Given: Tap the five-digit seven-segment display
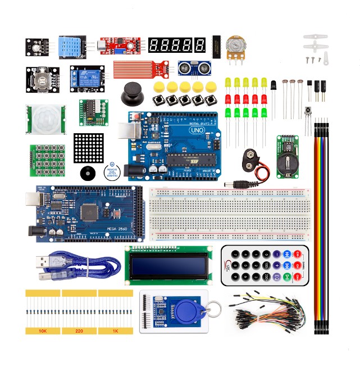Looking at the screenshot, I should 177,46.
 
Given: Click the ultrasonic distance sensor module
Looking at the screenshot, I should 192,68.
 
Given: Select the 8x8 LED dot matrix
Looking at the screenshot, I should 89,148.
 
